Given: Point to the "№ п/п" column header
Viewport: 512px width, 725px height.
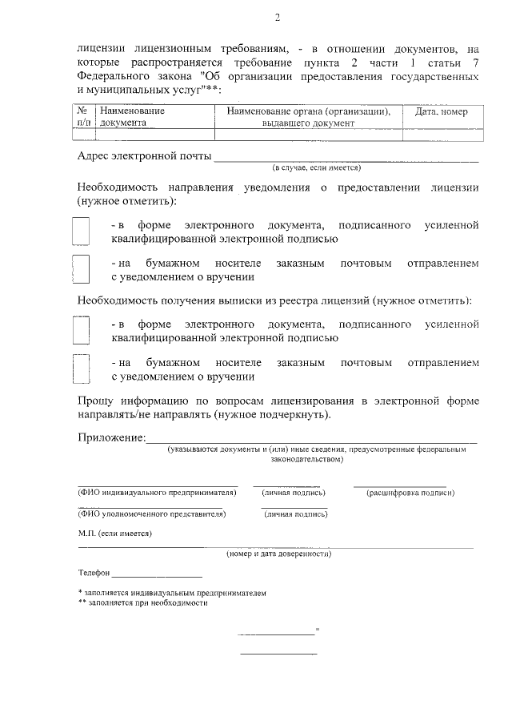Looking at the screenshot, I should coord(83,118).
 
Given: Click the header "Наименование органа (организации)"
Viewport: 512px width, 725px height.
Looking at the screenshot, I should coord(308,112).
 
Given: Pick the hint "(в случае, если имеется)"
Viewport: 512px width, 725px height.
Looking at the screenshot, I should coord(317,168).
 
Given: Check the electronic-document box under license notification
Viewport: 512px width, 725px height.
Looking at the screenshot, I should coord(82,232).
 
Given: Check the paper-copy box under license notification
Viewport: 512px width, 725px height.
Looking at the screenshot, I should coord(82,269).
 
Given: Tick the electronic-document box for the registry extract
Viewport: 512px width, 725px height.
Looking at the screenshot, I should coord(82,330).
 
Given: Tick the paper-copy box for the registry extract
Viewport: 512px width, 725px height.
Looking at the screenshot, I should coord(82,369).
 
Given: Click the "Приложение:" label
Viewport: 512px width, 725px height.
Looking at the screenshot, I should coord(111,437).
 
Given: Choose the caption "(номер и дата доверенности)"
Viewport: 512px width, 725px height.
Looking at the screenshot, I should coord(278,554).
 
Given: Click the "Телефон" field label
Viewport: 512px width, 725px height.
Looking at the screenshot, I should coord(94,574).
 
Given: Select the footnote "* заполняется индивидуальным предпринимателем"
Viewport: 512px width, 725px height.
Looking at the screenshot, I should coord(171,593).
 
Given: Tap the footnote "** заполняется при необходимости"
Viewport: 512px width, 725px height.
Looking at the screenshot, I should coord(142,603).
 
